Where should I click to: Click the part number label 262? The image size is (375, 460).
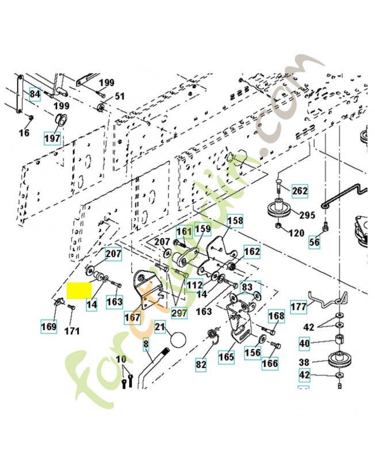click(x=300, y=191)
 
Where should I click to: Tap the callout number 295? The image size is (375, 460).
click(x=308, y=215)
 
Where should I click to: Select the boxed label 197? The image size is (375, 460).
click(x=52, y=139)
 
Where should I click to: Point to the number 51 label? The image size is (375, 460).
click(x=120, y=97)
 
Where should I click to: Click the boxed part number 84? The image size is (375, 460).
click(x=35, y=94)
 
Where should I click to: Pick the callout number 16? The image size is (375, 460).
click(x=24, y=133)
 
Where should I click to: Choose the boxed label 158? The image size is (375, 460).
click(x=235, y=220)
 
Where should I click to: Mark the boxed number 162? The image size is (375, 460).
click(x=252, y=252)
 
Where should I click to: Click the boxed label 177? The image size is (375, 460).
click(x=298, y=306)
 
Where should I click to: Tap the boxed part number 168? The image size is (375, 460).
click(x=277, y=316)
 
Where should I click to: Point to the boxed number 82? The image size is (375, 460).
click(x=201, y=364)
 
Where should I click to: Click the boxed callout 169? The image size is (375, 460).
click(x=48, y=327)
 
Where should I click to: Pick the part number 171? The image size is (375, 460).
click(x=72, y=331)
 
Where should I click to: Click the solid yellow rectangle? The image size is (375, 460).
click(x=79, y=290)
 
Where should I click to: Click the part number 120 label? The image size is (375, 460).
click(x=296, y=233)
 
